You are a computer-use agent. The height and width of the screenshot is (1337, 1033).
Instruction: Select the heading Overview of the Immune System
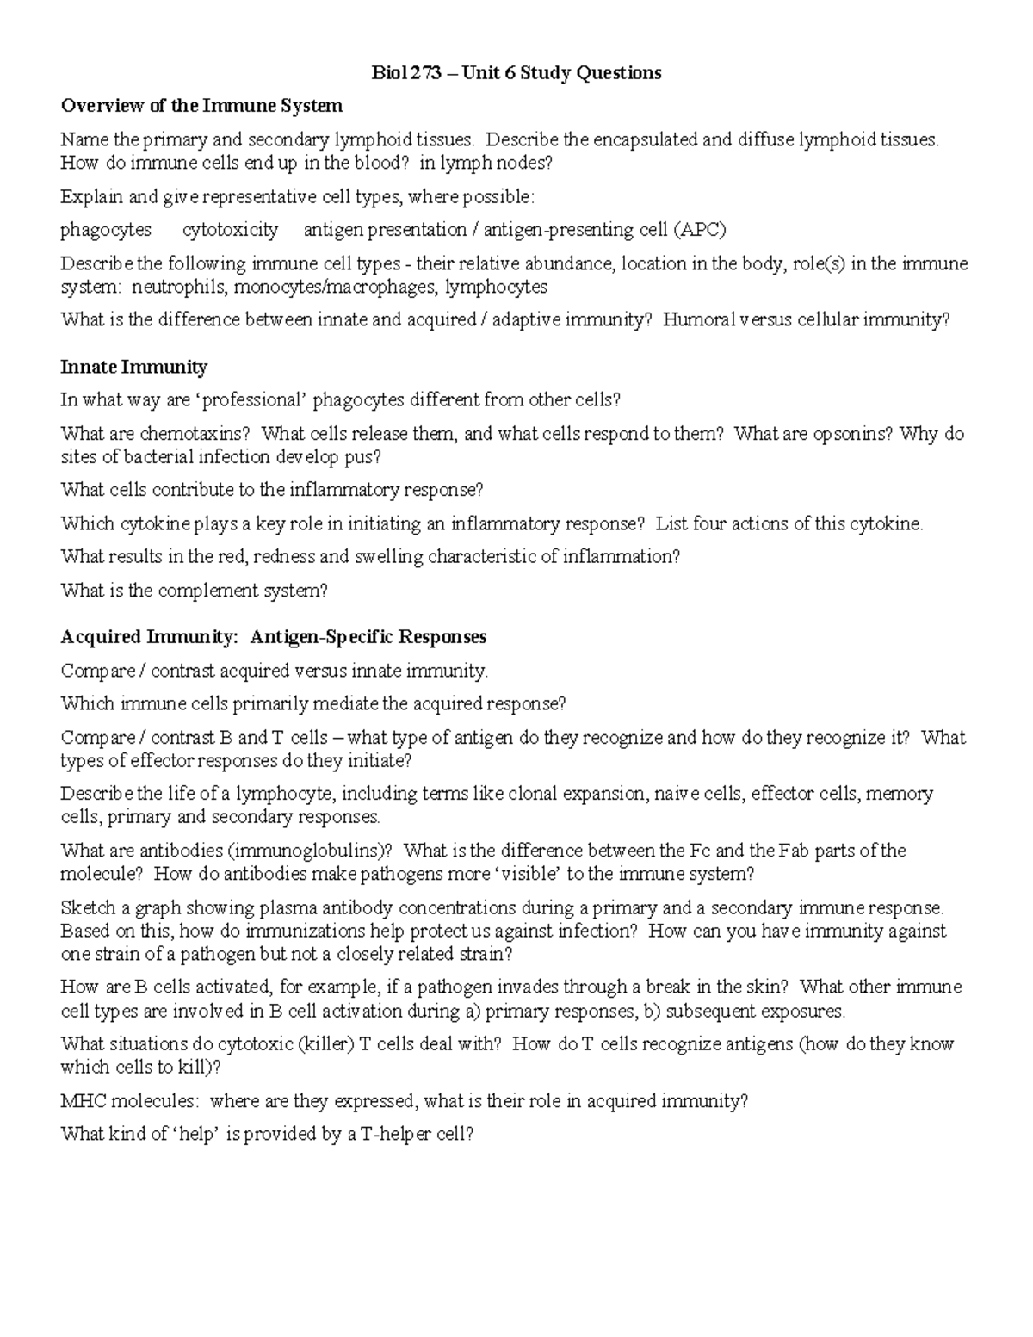[x=201, y=106]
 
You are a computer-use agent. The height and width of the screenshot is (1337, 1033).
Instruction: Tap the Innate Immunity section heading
[x=133, y=368]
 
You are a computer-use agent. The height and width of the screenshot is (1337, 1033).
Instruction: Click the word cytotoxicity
[x=230, y=230]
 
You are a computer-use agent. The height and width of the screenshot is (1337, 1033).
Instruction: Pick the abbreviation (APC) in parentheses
[x=700, y=230]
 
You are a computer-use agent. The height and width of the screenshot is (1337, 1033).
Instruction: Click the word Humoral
[x=695, y=320]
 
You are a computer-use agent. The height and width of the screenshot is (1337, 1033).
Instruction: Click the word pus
[x=366, y=457]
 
